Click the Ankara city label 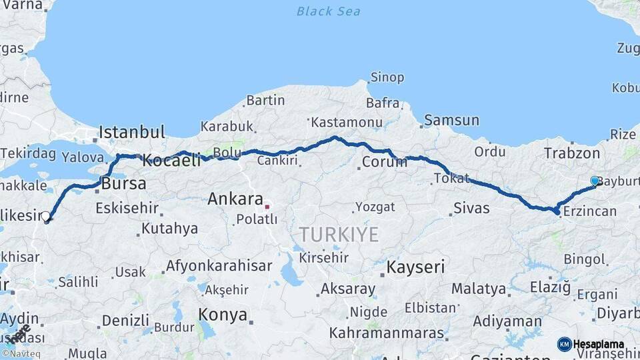pos(235,199)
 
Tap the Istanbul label pos(132,132)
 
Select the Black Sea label pos(328,11)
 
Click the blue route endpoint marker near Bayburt pos(595,181)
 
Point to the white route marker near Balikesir pos(45,216)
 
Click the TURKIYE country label pos(339,235)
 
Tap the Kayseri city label pos(415,268)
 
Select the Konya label pos(223,314)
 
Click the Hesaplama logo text pos(599,344)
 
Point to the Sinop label pos(387,77)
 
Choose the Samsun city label pos(451,121)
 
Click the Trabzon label pos(571,153)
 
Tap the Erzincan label pos(589,211)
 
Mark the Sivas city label pos(471,208)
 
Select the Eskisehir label pos(126,208)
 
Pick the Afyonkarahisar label pos(219,265)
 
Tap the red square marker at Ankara pos(267,207)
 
